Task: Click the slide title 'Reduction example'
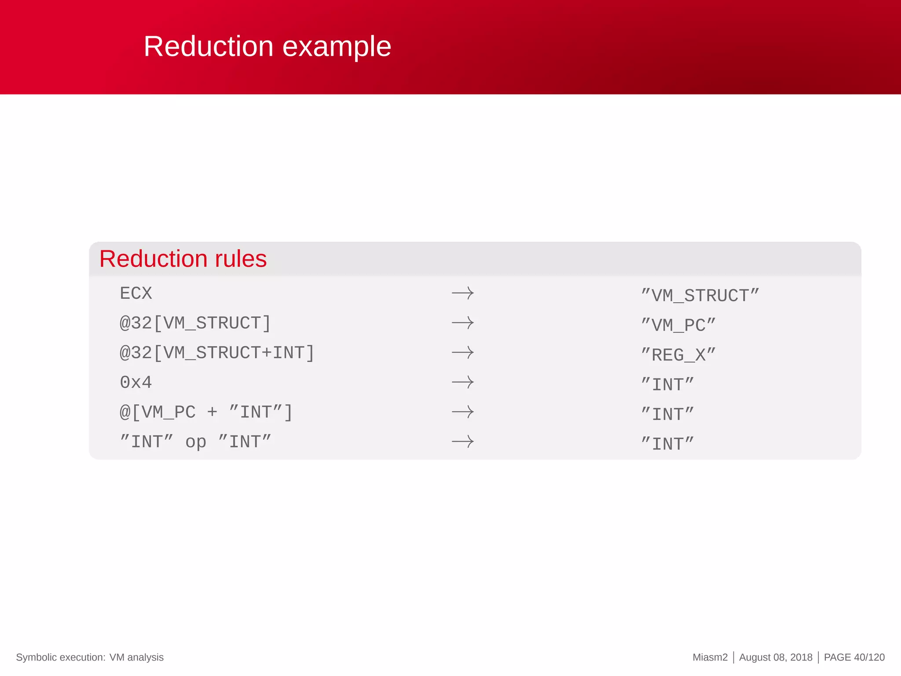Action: point(267,47)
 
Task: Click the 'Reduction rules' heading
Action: point(183,259)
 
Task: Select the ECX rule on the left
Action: point(136,294)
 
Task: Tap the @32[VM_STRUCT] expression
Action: point(195,323)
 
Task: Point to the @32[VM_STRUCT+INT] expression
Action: point(217,353)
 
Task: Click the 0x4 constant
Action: point(136,382)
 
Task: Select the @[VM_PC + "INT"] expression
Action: point(206,412)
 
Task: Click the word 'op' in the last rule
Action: point(195,442)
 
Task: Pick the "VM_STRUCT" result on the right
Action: point(700,296)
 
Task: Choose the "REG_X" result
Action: point(678,355)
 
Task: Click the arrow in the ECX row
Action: point(463,293)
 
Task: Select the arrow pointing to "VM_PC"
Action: point(463,323)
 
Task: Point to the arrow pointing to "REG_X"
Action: point(463,353)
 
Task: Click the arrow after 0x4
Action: point(463,382)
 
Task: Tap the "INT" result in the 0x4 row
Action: point(667,385)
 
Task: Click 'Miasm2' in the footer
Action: point(710,658)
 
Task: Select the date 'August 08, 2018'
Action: point(776,658)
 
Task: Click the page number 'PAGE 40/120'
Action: point(854,658)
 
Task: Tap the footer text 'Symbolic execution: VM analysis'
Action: point(90,658)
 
